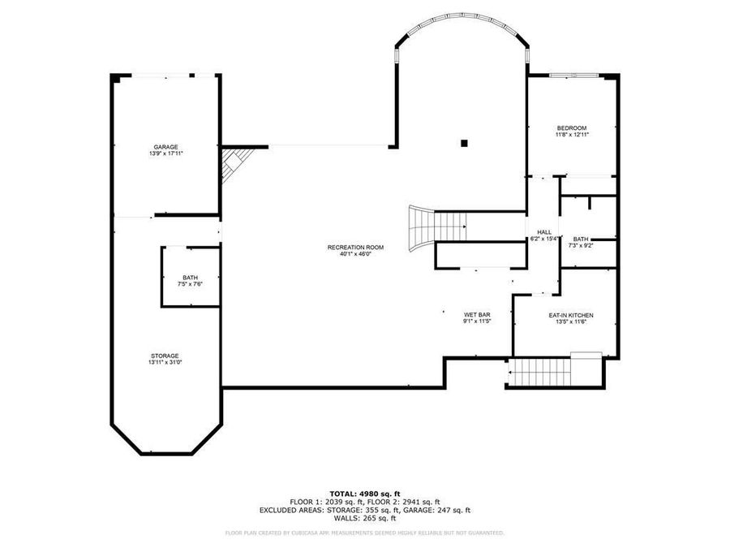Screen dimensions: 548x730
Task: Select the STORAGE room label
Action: pos(164,356)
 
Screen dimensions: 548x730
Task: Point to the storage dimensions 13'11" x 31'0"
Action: pos(164,363)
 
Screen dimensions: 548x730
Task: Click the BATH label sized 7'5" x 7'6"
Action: pos(190,278)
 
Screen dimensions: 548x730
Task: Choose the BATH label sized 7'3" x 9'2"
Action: pos(580,239)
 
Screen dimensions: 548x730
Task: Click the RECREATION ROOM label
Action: pos(355,247)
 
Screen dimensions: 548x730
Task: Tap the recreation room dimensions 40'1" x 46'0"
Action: pos(355,254)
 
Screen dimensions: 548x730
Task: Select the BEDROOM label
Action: pos(571,127)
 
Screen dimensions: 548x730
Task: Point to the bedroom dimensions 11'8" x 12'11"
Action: pos(571,135)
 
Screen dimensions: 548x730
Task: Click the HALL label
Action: pos(544,232)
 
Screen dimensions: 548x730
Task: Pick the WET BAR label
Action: pos(476,314)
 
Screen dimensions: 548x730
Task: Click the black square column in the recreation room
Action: pos(465,144)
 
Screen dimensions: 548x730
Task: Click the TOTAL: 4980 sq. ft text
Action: pos(364,493)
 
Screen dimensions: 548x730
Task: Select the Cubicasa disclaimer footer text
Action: pos(364,533)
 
